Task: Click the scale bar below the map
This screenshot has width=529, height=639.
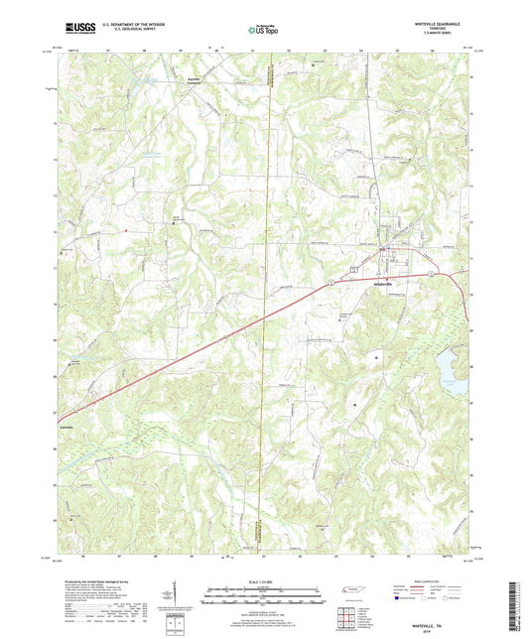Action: (264, 598)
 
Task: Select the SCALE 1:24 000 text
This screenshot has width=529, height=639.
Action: (264, 581)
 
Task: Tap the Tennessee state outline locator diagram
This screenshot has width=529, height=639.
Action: (347, 590)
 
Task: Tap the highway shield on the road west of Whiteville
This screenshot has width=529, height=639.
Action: (352, 269)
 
